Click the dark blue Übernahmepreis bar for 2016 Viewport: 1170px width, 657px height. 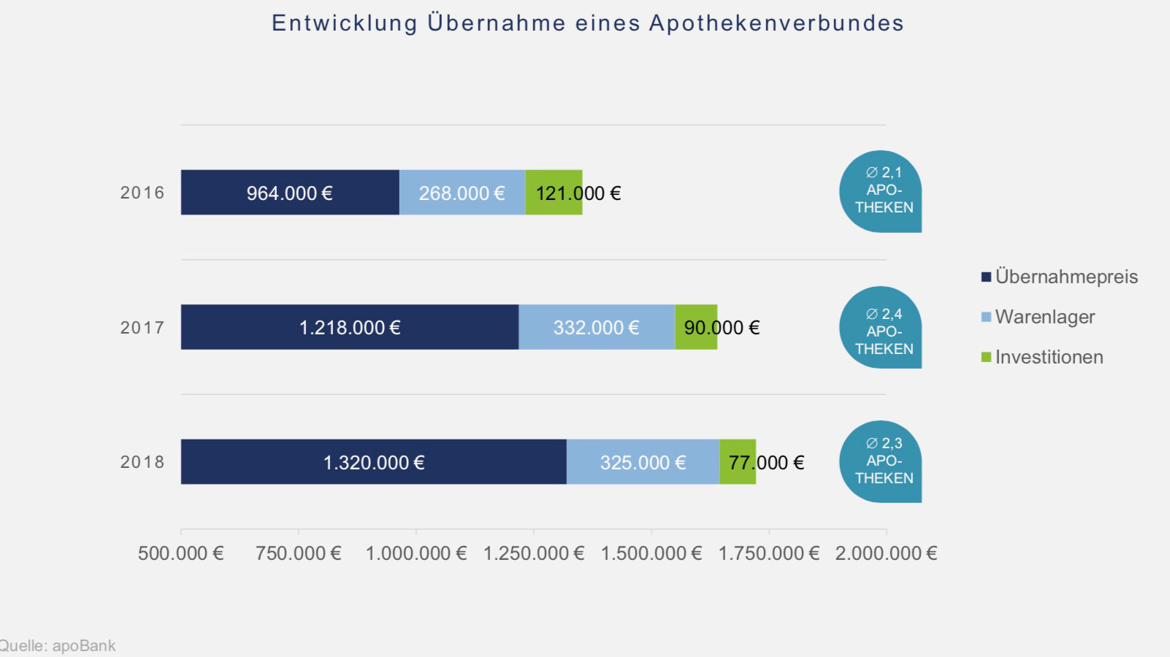click(x=290, y=193)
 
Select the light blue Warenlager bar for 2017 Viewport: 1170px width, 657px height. click(x=597, y=327)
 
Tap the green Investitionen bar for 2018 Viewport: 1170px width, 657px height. click(x=738, y=462)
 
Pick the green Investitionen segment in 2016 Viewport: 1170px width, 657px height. click(x=554, y=193)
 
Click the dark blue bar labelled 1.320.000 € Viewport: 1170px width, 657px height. click(x=373, y=462)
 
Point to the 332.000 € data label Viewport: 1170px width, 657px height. click(x=596, y=328)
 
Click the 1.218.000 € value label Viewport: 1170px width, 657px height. click(x=350, y=328)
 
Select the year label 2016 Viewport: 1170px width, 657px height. click(x=142, y=193)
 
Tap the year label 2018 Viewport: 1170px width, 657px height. click(x=142, y=462)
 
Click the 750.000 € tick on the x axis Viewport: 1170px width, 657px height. click(x=298, y=553)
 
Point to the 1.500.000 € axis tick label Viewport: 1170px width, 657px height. click(x=651, y=553)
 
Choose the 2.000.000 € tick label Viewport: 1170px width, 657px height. click(x=886, y=553)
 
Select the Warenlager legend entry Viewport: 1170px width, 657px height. click(x=1044, y=317)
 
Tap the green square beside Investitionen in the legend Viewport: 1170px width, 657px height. click(x=986, y=357)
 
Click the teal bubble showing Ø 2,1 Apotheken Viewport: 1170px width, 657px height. click(x=881, y=191)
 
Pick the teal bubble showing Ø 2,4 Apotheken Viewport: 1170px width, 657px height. click(x=881, y=327)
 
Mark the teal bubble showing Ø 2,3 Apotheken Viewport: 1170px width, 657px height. click(x=881, y=461)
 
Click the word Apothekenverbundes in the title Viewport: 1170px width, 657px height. click(x=776, y=23)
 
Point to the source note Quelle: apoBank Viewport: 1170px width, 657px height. click(x=58, y=646)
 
